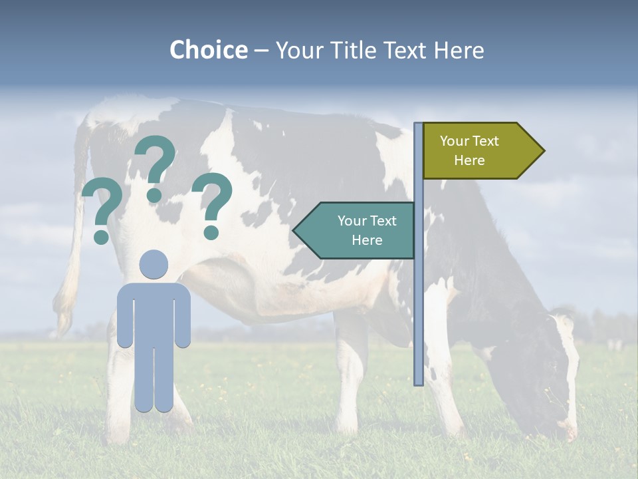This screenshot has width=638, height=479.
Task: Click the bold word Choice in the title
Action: click(x=208, y=50)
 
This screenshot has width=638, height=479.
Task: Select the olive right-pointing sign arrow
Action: click(x=478, y=151)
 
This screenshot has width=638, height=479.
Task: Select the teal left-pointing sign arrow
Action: click(x=359, y=230)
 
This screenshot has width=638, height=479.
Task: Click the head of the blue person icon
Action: click(x=154, y=264)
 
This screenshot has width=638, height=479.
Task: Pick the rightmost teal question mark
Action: click(x=212, y=204)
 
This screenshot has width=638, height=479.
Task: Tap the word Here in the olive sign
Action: click(x=469, y=160)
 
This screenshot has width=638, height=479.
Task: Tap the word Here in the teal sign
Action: click(x=367, y=240)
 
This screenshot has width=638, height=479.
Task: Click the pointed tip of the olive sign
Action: click(x=542, y=151)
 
